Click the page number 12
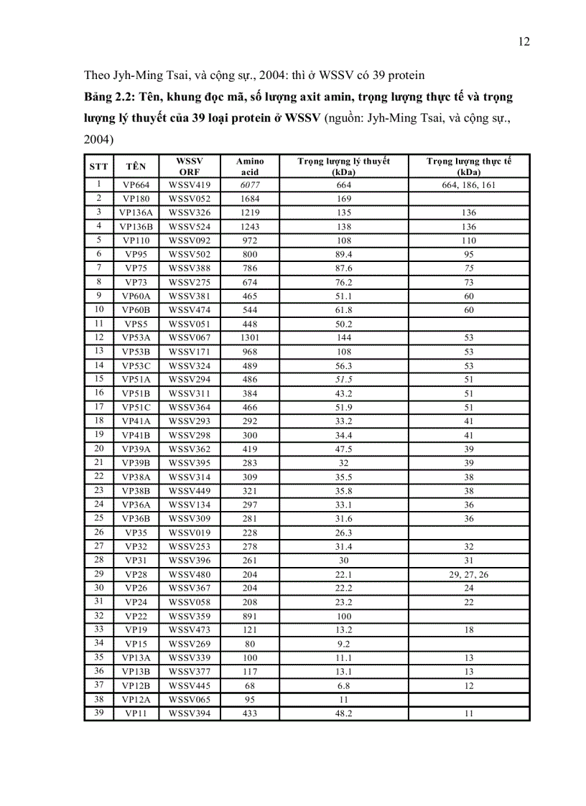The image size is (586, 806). tap(524, 42)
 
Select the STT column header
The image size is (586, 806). tap(98, 167)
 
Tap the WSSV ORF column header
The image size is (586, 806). tap(190, 167)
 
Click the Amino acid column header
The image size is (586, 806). tap(250, 167)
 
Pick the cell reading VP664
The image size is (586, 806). tap(136, 184)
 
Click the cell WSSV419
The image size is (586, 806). tap(190, 184)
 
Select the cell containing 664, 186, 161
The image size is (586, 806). tap(469, 184)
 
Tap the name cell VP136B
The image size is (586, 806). tap(136, 226)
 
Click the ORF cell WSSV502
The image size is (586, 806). tap(190, 254)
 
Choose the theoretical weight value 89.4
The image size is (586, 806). tap(344, 254)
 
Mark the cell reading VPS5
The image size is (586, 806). tap(136, 324)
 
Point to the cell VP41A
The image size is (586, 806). tap(136, 421)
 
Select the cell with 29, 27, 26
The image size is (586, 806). tap(469, 574)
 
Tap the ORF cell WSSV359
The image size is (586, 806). tap(190, 616)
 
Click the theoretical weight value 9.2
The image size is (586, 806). tap(344, 644)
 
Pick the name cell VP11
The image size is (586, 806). tap(136, 713)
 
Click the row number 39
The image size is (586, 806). tap(98, 712)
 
